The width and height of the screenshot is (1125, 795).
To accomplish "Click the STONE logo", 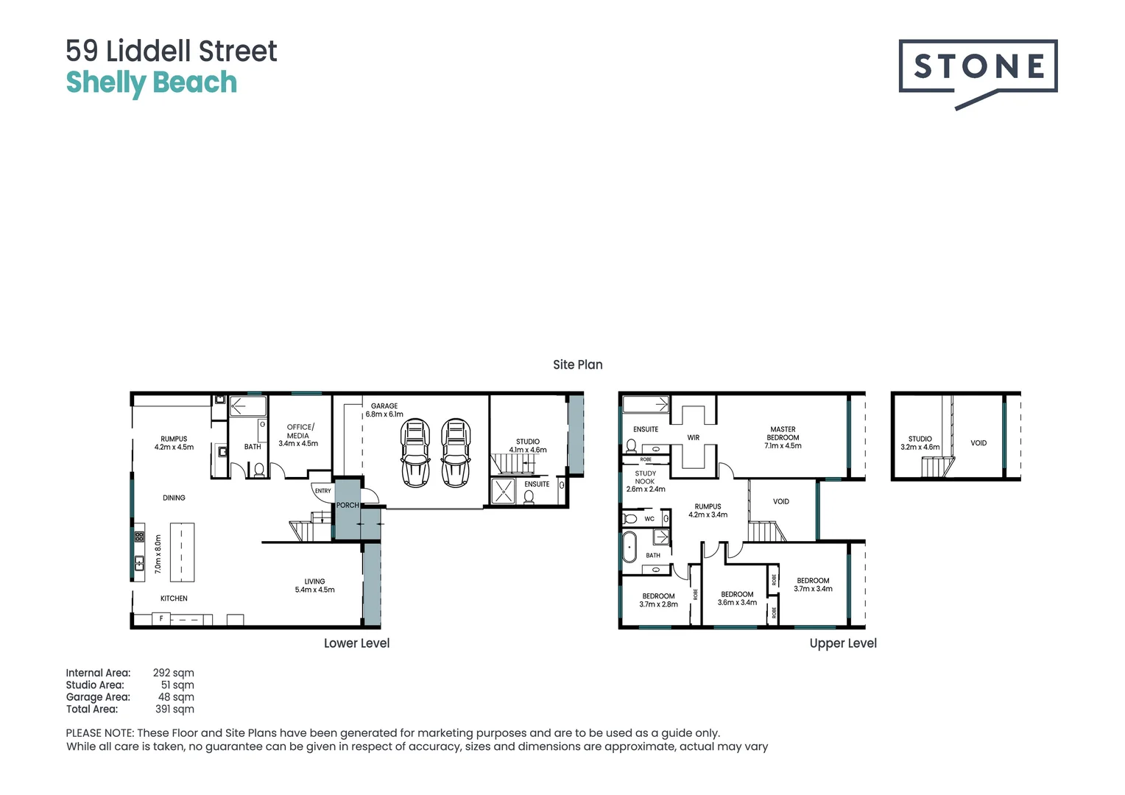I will click(978, 69).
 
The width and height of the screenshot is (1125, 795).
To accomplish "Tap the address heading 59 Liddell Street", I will click(172, 52).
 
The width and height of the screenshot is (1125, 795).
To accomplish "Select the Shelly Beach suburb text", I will click(152, 82).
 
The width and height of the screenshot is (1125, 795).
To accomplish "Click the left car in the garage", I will click(415, 453).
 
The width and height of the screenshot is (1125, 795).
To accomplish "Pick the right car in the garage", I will click(456, 453).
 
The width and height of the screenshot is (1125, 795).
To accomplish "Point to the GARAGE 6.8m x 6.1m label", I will click(384, 410).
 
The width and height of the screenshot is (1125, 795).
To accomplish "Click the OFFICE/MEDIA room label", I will click(298, 435).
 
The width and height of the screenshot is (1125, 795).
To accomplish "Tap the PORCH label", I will click(348, 505).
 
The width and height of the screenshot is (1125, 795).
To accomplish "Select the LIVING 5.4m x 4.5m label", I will click(314, 585).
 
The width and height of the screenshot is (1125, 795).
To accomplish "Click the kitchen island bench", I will click(182, 552).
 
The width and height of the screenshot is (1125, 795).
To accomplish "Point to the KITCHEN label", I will click(174, 598).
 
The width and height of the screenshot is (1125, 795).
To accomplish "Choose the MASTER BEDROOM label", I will click(783, 437).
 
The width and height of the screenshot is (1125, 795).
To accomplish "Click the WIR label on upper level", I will click(693, 437).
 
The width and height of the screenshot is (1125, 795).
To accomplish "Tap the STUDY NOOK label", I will click(646, 481).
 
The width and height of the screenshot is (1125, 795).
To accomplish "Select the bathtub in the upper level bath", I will click(629, 548).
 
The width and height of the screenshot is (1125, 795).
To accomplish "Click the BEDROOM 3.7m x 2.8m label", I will click(658, 600).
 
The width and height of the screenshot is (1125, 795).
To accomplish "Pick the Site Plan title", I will click(577, 364).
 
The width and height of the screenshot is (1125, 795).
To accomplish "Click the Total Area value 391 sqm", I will click(174, 709).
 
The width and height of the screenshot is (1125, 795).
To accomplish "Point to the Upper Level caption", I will click(843, 643).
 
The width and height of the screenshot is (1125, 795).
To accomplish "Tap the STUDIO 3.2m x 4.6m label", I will click(920, 442).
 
